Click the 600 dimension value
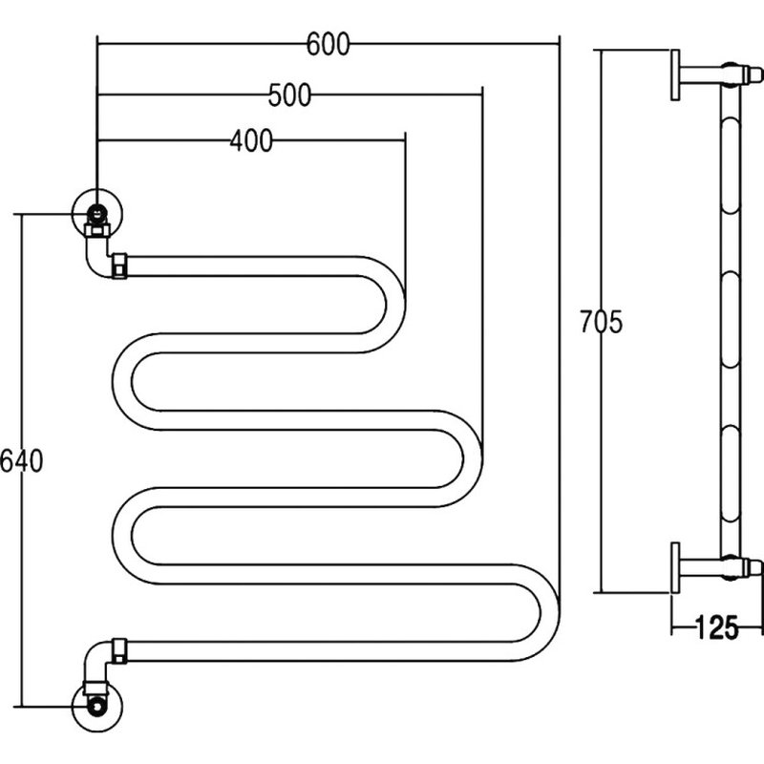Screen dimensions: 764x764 [x=328, y=44]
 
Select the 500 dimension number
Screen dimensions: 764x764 [x=289, y=95]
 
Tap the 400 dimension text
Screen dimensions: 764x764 [x=251, y=140]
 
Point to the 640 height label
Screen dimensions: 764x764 [x=21, y=460]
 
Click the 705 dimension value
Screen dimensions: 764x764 [x=601, y=322]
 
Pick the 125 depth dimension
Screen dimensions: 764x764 [x=716, y=628]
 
